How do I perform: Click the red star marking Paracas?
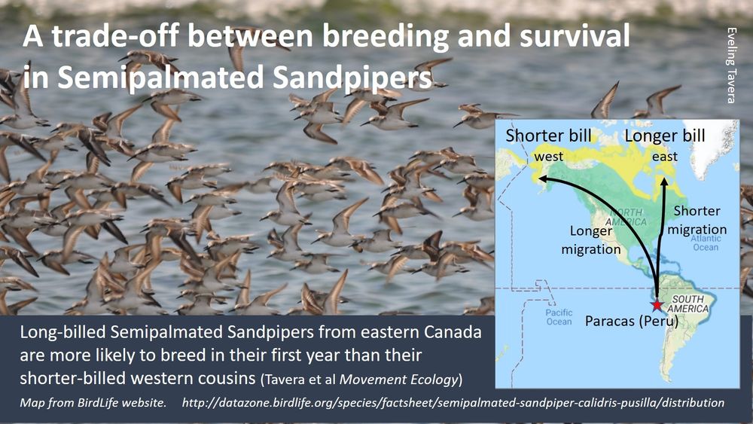point(656,304)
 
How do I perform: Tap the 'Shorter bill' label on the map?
point(548,136)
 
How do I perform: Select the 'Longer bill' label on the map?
point(665,136)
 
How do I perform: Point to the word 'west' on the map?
point(548,157)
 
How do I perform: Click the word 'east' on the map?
point(665,157)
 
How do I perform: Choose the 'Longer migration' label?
point(591,240)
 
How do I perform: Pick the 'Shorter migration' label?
point(697,220)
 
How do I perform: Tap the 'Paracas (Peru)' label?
point(632,321)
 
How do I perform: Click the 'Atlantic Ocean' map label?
point(706,243)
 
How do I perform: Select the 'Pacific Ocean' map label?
point(559,317)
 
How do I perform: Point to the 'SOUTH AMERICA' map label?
point(687,304)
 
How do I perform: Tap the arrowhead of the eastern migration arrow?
point(664,181)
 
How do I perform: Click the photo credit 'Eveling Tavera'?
point(731,66)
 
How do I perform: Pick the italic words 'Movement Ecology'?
point(398,380)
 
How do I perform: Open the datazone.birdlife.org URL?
point(453,402)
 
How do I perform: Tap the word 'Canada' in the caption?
point(453,332)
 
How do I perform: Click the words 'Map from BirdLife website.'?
point(93,402)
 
